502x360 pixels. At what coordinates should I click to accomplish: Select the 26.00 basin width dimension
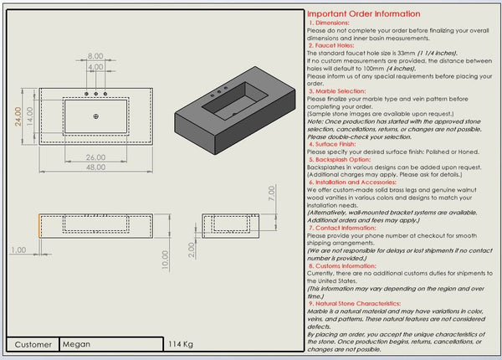(95, 157)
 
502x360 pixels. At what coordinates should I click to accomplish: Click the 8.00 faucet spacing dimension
(95, 56)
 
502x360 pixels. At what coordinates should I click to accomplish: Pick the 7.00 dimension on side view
(270, 193)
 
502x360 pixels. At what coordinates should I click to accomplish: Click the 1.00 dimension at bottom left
(18, 249)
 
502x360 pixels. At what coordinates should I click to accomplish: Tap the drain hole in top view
(96, 114)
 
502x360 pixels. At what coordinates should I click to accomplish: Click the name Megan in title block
(76, 344)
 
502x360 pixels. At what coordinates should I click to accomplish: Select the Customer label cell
(33, 344)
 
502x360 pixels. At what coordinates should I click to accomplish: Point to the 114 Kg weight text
(181, 344)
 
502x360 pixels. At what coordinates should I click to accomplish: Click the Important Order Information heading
(363, 14)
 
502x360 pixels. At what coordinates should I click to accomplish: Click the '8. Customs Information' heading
(344, 265)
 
